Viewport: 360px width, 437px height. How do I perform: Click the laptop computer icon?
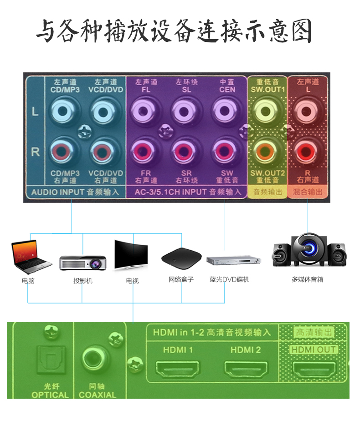click(30, 257)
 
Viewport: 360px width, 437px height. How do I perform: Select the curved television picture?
click(131, 255)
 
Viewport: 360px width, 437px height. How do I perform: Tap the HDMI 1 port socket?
click(178, 369)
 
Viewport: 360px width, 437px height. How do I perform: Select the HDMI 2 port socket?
click(245, 369)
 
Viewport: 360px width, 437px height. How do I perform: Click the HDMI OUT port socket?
click(314, 369)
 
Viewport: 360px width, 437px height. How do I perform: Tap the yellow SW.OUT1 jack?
click(267, 112)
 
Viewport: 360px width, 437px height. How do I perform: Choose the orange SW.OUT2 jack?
click(267, 152)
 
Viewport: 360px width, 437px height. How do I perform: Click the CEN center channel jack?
click(226, 112)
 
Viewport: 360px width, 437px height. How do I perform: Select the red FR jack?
click(146, 152)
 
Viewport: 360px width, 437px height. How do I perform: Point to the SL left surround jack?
click(186, 112)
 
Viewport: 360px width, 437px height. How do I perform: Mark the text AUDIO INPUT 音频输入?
click(75, 192)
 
